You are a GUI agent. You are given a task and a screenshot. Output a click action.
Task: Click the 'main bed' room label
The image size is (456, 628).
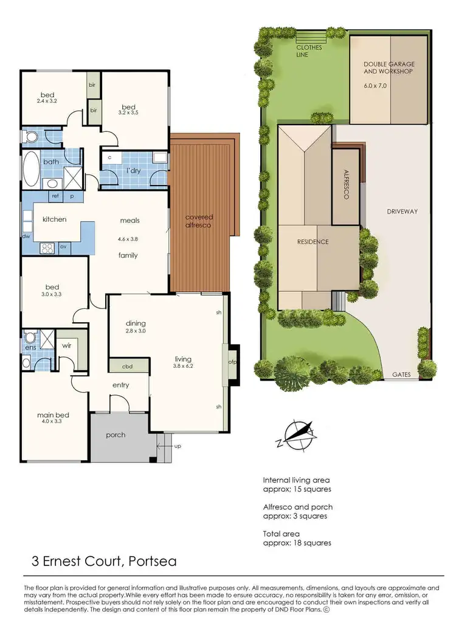[x=53, y=415]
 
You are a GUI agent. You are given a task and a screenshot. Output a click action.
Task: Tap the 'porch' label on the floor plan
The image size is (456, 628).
[x=116, y=435]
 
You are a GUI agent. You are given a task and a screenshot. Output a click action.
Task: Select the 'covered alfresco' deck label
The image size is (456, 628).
[x=199, y=221]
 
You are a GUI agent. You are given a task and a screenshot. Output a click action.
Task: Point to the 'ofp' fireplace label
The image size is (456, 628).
[x=232, y=363]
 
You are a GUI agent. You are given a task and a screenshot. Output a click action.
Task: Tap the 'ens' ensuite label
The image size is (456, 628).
[x=29, y=348]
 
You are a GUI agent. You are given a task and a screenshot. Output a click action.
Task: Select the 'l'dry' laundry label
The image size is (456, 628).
[x=133, y=171]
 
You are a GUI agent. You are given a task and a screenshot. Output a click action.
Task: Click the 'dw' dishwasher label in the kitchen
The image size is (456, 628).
[x=26, y=236]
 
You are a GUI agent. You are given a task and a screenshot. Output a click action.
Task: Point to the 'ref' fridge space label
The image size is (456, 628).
[x=55, y=196]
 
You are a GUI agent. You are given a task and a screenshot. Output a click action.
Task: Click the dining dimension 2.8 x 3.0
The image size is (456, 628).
[x=135, y=331]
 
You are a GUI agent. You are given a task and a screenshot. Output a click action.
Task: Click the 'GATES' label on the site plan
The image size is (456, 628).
[x=401, y=375]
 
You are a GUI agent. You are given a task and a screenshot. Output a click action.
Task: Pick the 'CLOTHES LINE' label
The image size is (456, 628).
[x=311, y=50]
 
